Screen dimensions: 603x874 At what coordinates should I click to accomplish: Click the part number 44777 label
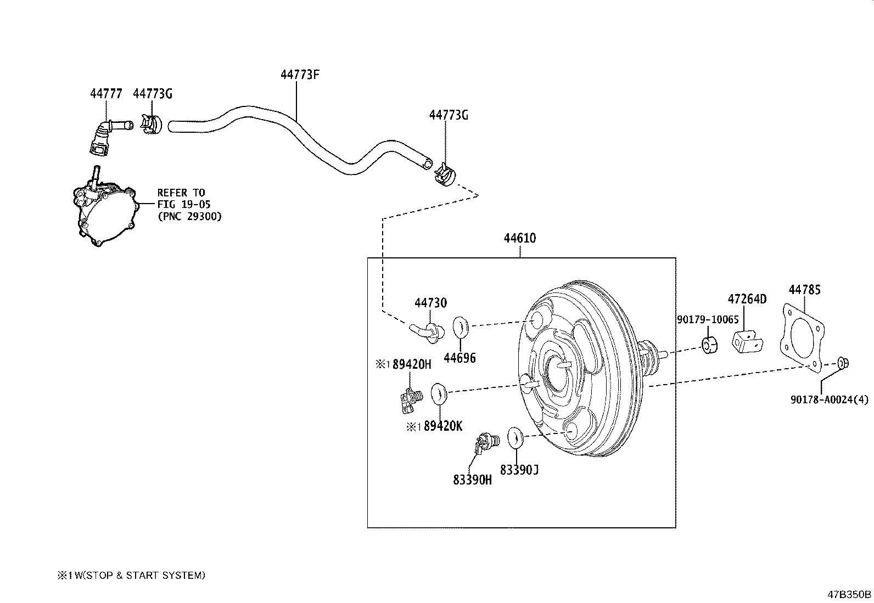pyautogui.click(x=106, y=94)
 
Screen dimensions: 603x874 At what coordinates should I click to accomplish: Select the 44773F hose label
pyautogui.click(x=300, y=75)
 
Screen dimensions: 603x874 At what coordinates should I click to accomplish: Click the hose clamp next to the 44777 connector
pyautogui.click(x=150, y=125)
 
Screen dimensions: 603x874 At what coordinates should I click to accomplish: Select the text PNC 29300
pyautogui.click(x=189, y=216)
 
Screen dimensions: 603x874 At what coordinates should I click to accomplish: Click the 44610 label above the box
pyautogui.click(x=520, y=238)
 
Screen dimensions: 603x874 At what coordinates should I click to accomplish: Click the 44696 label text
pyautogui.click(x=460, y=358)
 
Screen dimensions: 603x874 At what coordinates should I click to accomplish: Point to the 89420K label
pyautogui.click(x=442, y=426)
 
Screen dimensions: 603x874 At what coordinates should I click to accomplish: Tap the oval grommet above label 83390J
pyautogui.click(x=514, y=437)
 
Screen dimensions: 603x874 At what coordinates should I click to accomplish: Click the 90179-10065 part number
pyautogui.click(x=707, y=319)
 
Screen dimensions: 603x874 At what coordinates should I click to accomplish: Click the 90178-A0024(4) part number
pyautogui.click(x=830, y=400)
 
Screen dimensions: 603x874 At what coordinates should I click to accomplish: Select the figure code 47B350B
pyautogui.click(x=849, y=594)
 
